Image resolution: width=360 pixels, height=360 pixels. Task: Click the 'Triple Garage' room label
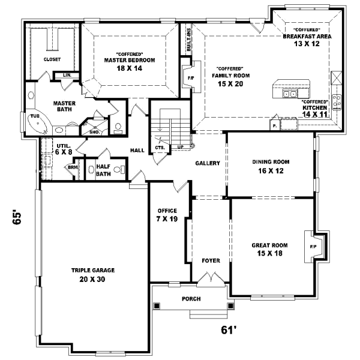[92, 270]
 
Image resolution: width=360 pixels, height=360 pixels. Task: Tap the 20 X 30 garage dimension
[92, 279]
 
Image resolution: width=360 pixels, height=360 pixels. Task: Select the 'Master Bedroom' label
[129, 60]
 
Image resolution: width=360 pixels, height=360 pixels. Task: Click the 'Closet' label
[52, 59]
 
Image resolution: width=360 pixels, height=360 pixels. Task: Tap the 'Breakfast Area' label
[307, 36]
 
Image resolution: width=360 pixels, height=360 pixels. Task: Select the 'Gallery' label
[208, 163]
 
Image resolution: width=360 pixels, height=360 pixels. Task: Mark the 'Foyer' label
[210, 261]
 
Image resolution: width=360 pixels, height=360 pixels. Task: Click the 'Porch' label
[191, 299]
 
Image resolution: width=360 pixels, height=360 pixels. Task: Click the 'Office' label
[166, 211]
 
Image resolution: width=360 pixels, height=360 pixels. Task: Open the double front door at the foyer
[209, 278]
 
